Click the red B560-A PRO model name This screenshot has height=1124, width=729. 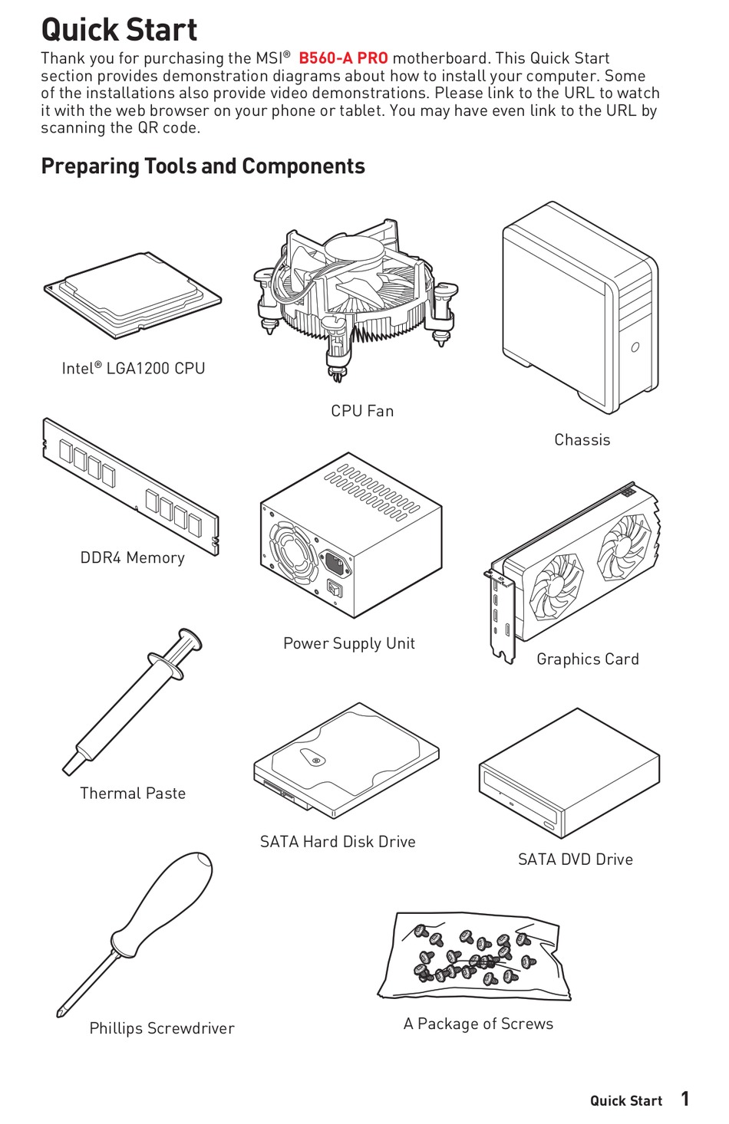click(343, 58)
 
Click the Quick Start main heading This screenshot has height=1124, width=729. click(119, 29)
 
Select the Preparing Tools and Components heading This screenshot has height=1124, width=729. click(203, 166)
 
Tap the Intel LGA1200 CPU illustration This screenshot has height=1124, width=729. click(132, 296)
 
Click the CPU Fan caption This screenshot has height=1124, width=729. click(362, 411)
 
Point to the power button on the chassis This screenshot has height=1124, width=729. click(635, 347)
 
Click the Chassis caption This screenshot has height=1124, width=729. click(582, 440)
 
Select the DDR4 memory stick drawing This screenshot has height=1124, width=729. click(130, 486)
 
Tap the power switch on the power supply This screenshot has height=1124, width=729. click(335, 589)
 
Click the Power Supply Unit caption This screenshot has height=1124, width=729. click(349, 643)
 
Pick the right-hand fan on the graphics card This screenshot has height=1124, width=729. click(624, 547)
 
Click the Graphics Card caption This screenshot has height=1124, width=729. click(588, 659)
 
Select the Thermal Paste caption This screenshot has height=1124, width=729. click(133, 794)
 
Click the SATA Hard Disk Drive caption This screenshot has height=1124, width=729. click(338, 842)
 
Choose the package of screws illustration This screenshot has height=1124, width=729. click(474, 956)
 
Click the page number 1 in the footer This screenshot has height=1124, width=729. click(684, 1099)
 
